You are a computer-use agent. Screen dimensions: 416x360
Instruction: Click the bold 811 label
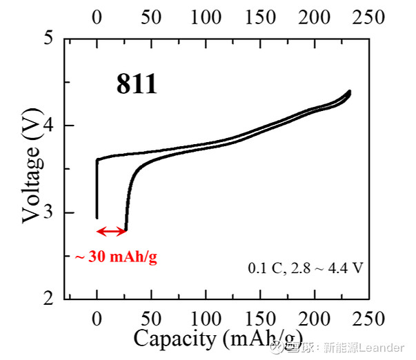pos(137,84)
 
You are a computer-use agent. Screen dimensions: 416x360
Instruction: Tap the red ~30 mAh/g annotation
pos(116,257)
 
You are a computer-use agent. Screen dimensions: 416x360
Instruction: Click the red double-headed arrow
pos(112,232)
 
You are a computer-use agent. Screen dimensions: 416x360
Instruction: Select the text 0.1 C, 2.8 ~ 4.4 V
pos(306,268)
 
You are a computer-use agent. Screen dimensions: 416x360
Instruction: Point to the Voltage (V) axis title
pos(32,166)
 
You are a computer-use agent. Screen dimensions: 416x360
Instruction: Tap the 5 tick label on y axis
pos(48,37)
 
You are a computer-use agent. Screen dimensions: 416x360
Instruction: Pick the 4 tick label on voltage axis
pos(48,125)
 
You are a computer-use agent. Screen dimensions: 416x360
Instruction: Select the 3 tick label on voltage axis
pos(48,212)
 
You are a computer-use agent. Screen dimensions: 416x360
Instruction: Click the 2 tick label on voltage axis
pos(48,299)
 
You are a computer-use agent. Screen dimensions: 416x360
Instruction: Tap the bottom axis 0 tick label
pos(97,319)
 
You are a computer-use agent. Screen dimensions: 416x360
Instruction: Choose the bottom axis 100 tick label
pos(206,319)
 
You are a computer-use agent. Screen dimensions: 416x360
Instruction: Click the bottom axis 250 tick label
pos(368,319)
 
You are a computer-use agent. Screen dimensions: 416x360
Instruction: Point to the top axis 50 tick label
pos(151,17)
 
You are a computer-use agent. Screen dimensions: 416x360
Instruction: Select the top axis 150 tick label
pos(260,17)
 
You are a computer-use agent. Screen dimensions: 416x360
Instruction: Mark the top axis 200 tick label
pos(315,17)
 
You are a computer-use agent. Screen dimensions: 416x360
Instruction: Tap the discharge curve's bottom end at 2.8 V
pos(126,230)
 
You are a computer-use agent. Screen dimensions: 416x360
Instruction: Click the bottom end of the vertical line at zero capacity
pos(97,218)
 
